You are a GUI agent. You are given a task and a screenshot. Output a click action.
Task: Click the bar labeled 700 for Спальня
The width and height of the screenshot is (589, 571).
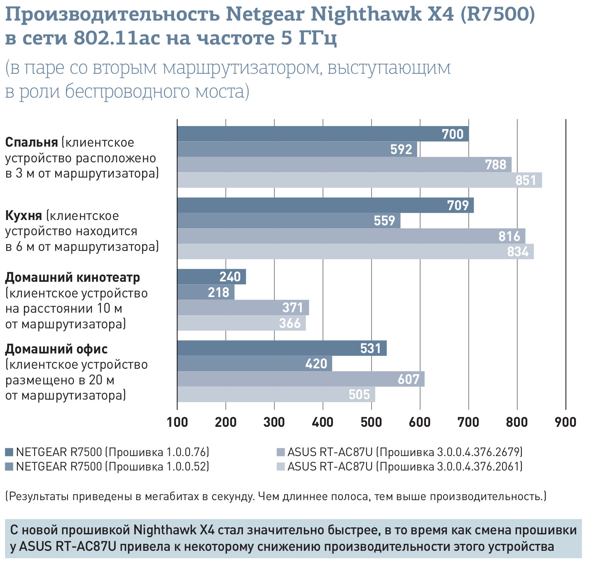tap(323, 134)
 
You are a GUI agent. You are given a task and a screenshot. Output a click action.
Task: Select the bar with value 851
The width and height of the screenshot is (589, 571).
tap(359, 180)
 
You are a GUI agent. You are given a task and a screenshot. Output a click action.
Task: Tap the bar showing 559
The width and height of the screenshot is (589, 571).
tap(288, 220)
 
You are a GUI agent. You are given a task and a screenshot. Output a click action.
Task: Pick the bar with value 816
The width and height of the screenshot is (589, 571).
tap(351, 236)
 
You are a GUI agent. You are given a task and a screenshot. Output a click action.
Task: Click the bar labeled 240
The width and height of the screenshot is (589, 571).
tap(211, 276)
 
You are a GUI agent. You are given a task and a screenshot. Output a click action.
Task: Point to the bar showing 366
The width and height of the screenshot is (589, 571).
tap(241, 323)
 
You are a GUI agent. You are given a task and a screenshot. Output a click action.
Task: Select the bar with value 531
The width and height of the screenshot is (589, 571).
tap(282, 348)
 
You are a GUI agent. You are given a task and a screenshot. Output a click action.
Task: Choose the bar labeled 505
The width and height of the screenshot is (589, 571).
tap(276, 394)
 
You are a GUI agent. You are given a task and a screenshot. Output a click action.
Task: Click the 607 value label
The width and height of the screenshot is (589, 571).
tap(408, 379)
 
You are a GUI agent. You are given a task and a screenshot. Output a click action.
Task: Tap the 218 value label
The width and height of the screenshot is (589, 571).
tap(218, 292)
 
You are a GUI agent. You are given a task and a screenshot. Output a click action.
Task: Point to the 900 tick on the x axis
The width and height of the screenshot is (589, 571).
tap(566, 422)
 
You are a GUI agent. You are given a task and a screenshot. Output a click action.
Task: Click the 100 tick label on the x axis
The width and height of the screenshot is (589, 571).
tap(177, 422)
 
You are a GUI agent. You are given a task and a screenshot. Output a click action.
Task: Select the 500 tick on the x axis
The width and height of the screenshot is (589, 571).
tap(372, 422)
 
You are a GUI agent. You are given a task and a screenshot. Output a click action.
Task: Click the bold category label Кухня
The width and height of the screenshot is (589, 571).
tap(23, 215)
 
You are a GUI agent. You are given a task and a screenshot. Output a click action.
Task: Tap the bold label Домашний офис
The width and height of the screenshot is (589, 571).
tap(56, 349)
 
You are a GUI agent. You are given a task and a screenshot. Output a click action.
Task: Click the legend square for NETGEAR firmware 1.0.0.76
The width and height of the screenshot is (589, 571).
tap(9, 452)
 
